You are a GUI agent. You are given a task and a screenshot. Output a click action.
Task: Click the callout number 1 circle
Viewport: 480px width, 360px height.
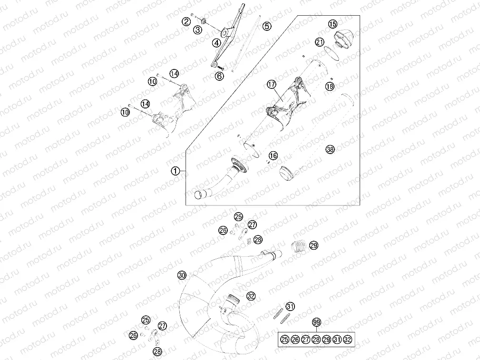click(x=176, y=171)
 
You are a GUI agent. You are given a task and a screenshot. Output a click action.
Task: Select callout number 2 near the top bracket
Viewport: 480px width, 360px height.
click(x=186, y=21)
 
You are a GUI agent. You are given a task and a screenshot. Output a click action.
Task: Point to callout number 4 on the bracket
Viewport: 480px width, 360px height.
click(x=216, y=42)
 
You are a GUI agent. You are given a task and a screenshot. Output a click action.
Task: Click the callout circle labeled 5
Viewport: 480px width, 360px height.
click(x=267, y=26)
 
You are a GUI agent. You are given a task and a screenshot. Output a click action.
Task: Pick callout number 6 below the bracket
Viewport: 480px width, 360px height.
click(x=219, y=76)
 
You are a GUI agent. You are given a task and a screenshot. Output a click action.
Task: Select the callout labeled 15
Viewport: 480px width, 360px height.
click(x=333, y=24)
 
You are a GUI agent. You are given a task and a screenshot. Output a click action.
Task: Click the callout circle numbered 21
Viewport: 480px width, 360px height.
click(x=320, y=42)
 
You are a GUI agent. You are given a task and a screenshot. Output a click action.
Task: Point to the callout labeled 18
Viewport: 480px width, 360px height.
click(x=330, y=86)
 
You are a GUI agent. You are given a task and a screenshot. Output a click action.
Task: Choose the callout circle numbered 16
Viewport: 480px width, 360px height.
click(x=273, y=156)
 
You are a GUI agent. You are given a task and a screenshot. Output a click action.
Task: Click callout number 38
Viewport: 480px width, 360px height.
click(x=330, y=149)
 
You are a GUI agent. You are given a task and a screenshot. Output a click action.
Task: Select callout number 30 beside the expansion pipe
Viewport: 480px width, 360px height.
click(x=181, y=275)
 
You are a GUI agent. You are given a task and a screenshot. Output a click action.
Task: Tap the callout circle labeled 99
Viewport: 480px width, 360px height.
click(x=316, y=322)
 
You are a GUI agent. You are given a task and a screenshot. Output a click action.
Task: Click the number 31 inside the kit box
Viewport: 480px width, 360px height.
click(x=337, y=339)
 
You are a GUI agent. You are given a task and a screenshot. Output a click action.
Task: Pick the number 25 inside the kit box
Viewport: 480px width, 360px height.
click(x=285, y=339)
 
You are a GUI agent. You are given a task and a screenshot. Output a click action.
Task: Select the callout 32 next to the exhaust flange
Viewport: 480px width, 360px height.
click(x=251, y=296)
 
